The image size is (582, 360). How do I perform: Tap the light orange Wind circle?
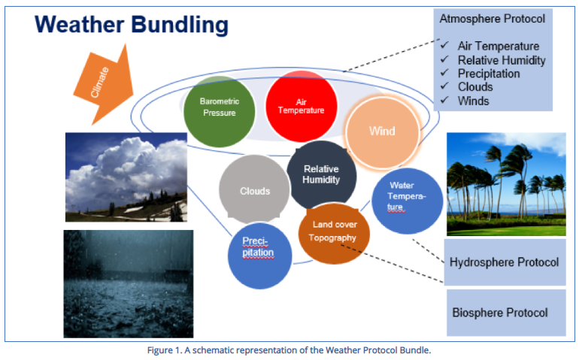tap(381, 132)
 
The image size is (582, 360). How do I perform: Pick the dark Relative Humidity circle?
tap(321, 174)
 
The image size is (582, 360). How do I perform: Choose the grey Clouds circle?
tap(254, 191)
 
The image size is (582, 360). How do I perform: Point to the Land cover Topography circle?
tap(334, 231)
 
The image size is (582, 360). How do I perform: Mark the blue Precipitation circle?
tap(259, 252)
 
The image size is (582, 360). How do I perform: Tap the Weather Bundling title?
tap(132, 25)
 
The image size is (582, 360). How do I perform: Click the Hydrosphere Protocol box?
tap(504, 262)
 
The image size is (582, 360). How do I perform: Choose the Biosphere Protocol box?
tap(500, 312)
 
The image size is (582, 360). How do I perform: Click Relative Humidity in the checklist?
tap(501, 60)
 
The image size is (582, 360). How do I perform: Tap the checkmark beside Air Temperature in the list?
tap(444, 46)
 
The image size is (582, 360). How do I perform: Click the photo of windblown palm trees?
tap(505, 174)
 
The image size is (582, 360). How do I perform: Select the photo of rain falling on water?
tap(129, 283)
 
